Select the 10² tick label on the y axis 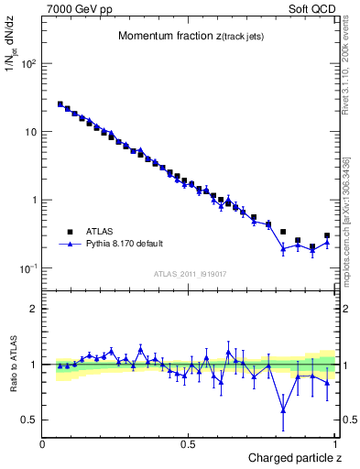point(28,64)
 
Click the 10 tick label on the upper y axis point(30,132)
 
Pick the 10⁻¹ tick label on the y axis point(28,268)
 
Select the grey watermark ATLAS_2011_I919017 point(190,274)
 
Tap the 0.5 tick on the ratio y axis point(29,420)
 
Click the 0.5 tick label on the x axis point(189,444)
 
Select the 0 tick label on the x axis point(43,444)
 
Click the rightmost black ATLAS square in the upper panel point(327,235)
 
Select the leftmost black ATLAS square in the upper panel point(60,104)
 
